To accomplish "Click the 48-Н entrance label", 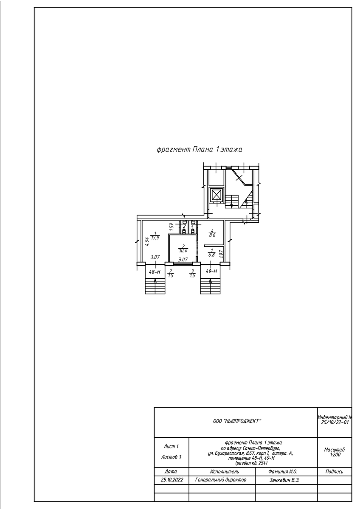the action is pyautogui.click(x=155, y=271).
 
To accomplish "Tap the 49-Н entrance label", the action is pyautogui.click(x=211, y=271).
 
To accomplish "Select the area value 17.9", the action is pyautogui.click(x=155, y=238).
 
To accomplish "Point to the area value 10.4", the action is pyautogui.click(x=183, y=251).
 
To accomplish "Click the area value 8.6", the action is pyautogui.click(x=212, y=235).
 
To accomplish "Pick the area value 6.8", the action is pyautogui.click(x=212, y=255).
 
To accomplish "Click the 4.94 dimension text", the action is pyautogui.click(x=147, y=241).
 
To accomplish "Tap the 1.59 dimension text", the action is pyautogui.click(x=172, y=227).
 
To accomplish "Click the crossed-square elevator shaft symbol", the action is pyautogui.click(x=216, y=195).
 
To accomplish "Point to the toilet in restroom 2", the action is pyautogui.click(x=184, y=231).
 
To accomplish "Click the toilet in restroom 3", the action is pyautogui.click(x=193, y=231).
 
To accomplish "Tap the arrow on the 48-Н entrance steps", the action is pyautogui.click(x=155, y=287).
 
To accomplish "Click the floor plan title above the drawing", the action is pyautogui.click(x=199, y=149).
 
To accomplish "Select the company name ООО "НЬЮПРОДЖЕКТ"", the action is pyautogui.click(x=237, y=421).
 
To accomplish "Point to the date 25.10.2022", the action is pyautogui.click(x=172, y=480).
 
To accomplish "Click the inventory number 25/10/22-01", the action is pyautogui.click(x=335, y=422).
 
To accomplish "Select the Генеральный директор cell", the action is pyautogui.click(x=221, y=480).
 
